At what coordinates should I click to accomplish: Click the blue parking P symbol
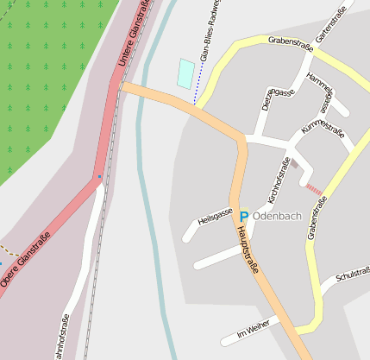coord(243,216)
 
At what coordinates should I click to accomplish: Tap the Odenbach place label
coord(278,216)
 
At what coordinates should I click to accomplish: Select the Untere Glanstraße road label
coord(135,32)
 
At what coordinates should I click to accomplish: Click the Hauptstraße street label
coord(247,249)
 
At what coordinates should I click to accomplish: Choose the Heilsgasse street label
coord(216,212)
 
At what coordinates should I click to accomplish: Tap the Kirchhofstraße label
coord(279,180)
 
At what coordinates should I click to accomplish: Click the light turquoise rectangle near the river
coord(185,73)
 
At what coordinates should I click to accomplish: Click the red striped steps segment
coord(315,189)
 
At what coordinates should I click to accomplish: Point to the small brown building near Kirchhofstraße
coord(294,162)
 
